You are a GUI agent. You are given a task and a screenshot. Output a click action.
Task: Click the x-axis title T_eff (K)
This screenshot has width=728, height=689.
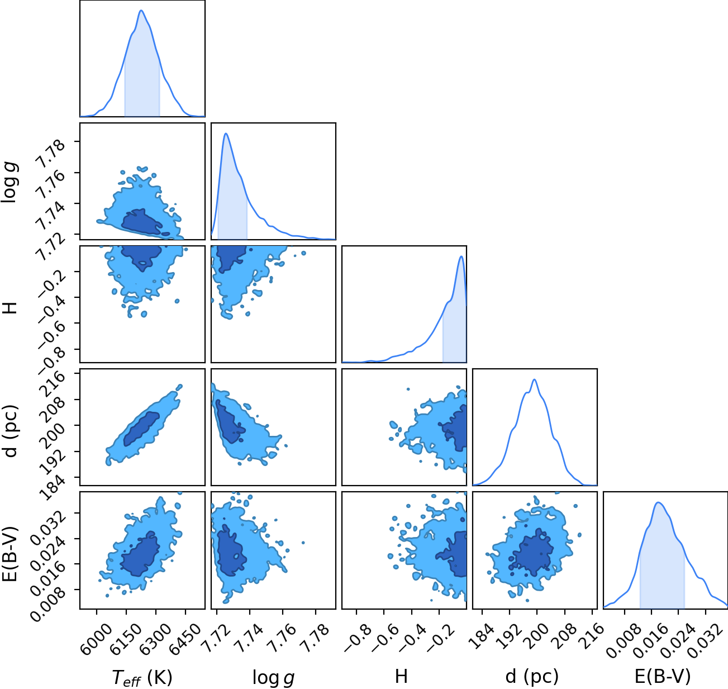point(142,677)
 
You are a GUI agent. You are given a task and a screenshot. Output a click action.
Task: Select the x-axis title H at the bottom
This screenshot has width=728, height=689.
point(401,676)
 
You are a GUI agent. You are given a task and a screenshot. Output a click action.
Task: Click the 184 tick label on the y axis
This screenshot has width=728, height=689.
point(54,487)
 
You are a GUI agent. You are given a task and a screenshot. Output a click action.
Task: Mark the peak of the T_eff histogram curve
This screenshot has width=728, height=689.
point(141,11)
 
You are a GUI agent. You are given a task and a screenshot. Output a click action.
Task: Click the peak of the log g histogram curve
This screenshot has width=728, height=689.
point(226,134)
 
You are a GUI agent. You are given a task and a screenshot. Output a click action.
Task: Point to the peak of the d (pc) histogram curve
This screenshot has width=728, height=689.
point(534,379)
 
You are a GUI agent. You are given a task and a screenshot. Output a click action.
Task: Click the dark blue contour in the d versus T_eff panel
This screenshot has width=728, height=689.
point(141,429)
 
